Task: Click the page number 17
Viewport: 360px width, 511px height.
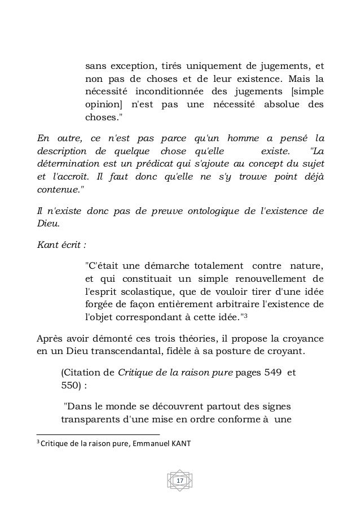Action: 180,480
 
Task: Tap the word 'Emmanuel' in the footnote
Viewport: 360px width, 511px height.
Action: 154,443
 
